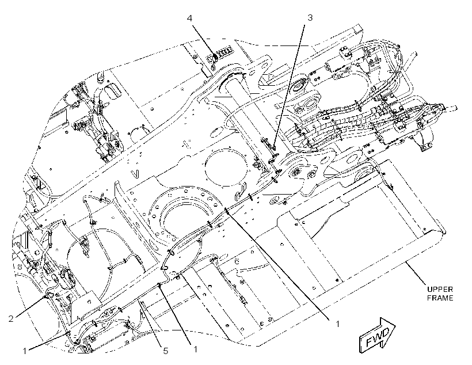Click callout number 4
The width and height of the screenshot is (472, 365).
[189, 18]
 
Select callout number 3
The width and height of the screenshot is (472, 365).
[310, 18]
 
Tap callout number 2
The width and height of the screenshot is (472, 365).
[11, 318]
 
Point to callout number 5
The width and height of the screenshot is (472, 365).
[166, 351]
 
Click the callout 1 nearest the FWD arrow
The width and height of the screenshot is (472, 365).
[338, 324]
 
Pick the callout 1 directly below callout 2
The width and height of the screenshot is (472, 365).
[25, 351]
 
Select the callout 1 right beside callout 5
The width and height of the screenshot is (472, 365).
[195, 349]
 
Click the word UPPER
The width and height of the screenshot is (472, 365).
[440, 290]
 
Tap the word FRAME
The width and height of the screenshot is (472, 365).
[440, 298]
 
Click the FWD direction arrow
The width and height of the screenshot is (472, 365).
[377, 335]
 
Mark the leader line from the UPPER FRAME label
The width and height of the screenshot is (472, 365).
[416, 273]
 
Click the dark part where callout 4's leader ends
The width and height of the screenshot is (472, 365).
[215, 57]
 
